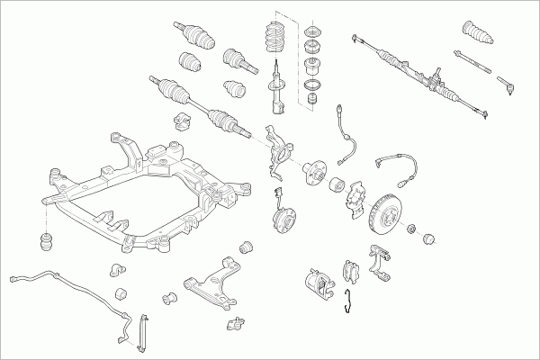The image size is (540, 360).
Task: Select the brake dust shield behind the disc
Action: point(353,202)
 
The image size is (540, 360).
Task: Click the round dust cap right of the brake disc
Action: point(428,238)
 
